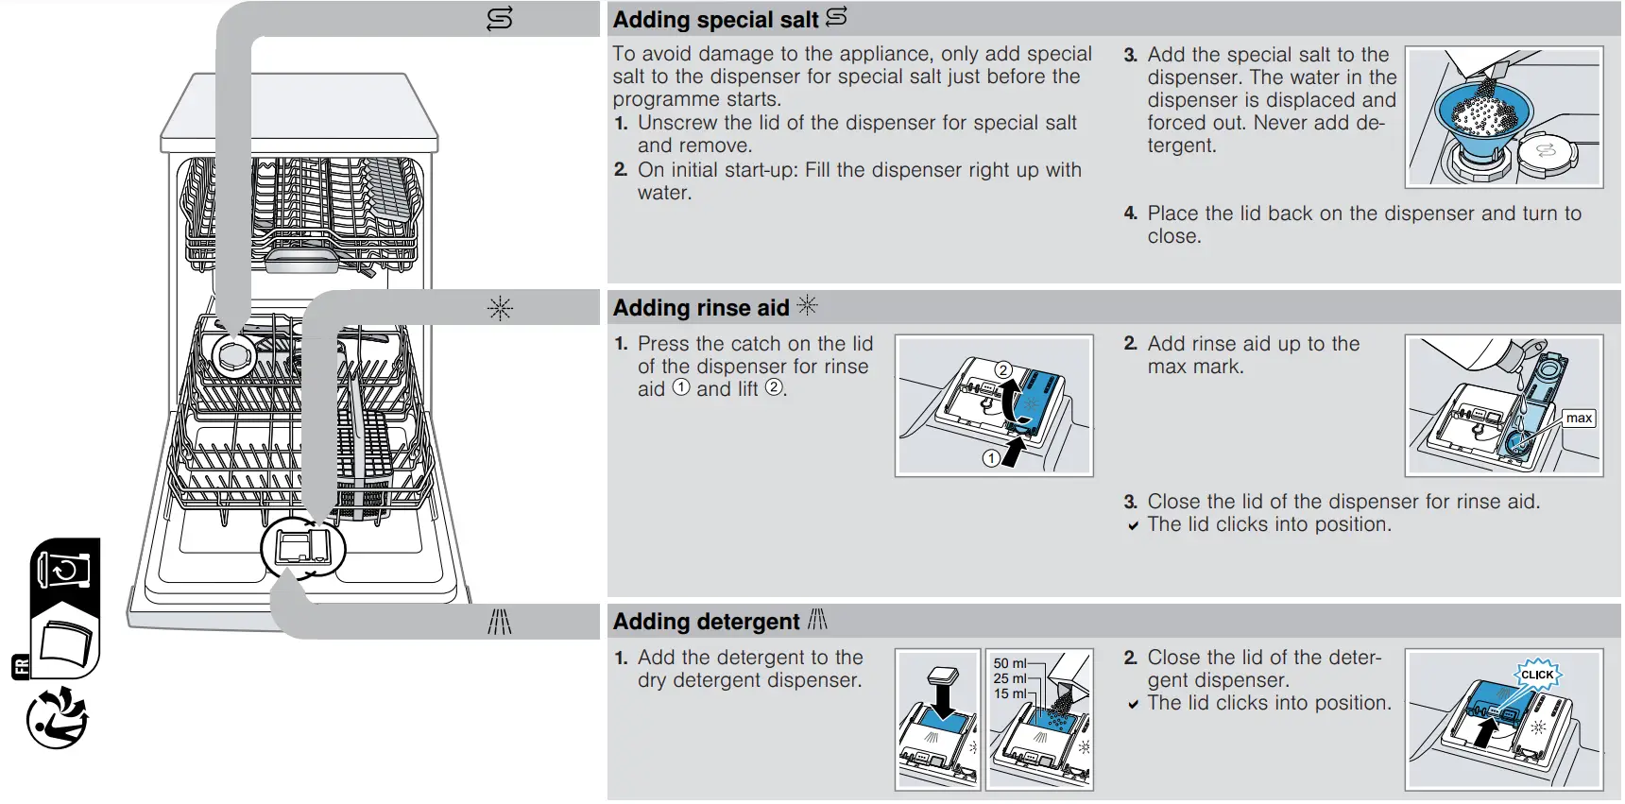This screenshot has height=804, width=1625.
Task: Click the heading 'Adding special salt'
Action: [x=715, y=20]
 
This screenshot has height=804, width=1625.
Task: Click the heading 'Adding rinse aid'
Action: [x=700, y=308]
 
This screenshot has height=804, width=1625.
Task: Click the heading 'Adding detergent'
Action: [x=706, y=622]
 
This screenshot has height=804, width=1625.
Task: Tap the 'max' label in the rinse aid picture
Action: [x=1579, y=418]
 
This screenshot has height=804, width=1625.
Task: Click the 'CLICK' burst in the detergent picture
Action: [x=1537, y=675]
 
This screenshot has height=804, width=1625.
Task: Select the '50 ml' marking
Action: [x=1009, y=663]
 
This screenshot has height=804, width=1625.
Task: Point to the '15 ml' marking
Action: [x=1009, y=693]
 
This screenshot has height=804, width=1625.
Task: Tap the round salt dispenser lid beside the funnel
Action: [x=1547, y=152]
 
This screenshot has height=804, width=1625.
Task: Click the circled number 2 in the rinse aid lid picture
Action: [x=1003, y=370]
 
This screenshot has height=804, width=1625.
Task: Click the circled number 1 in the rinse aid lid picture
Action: [x=991, y=458]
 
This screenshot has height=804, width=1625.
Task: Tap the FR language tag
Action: [x=21, y=666]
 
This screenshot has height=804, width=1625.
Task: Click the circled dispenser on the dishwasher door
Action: [x=302, y=548]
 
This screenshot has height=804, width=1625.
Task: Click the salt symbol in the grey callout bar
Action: [x=499, y=19]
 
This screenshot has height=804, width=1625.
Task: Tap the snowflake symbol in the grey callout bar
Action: [x=500, y=308]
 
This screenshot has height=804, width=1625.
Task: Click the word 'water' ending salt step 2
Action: [x=663, y=193]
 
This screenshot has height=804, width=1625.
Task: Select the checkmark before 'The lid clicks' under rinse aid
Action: [x=1133, y=526]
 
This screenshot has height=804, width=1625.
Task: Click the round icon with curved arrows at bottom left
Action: [x=57, y=718]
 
